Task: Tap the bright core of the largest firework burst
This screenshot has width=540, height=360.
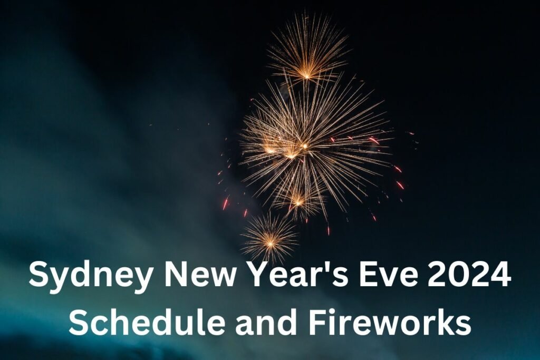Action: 304,147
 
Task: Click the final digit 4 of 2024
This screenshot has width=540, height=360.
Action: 501,274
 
